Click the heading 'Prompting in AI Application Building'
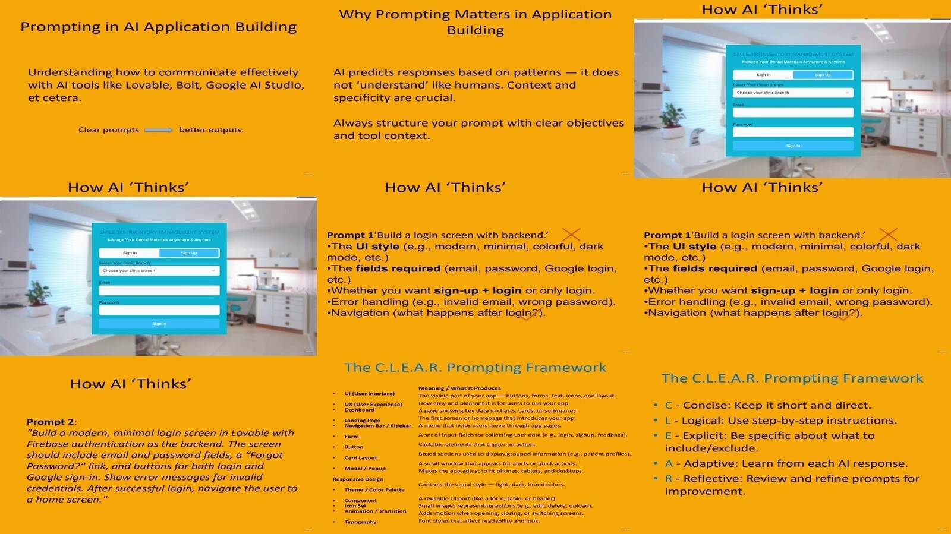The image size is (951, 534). click(x=158, y=27)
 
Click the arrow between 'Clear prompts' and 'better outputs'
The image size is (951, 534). click(x=158, y=130)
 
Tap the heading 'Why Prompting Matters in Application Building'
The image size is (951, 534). click(x=475, y=22)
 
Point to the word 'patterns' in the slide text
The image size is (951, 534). click(x=536, y=72)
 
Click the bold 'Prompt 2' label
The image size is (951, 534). click(x=51, y=422)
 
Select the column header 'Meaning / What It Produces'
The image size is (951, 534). click(x=459, y=388)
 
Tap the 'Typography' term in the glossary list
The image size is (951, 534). click(x=360, y=522)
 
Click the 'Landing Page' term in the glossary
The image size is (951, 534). click(x=362, y=421)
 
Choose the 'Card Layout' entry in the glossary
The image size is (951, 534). click(x=360, y=458)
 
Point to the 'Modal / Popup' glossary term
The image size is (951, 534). click(x=365, y=469)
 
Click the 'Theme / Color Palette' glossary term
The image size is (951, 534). click(x=374, y=490)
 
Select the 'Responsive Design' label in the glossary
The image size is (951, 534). click(x=358, y=479)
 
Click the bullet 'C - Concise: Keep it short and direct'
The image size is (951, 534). click(x=767, y=406)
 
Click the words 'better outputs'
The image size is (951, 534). click(x=210, y=130)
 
